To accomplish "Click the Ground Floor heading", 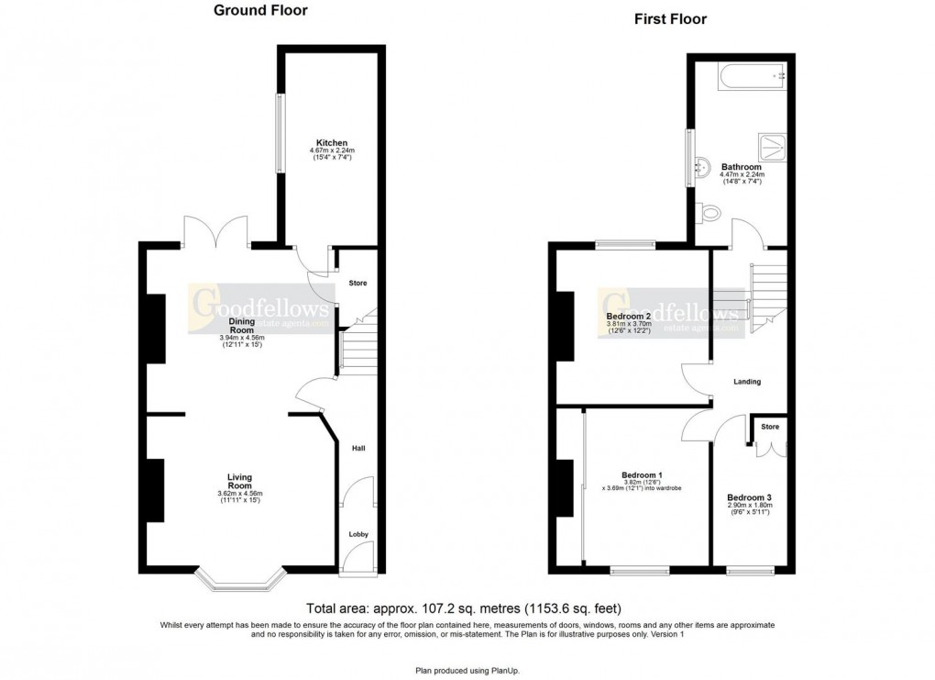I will [x=260, y=11].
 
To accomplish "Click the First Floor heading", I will [x=671, y=18].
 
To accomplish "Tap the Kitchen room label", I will [x=332, y=143].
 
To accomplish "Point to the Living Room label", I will [x=239, y=482].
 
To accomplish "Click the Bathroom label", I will [x=742, y=167].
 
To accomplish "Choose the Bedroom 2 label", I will [x=628, y=317].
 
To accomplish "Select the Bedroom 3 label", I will [x=743, y=496].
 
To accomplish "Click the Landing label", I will [x=747, y=382].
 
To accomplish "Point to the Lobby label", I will [x=357, y=533].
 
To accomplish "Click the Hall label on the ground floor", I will [x=358, y=448].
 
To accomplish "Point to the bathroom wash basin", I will [x=703, y=168].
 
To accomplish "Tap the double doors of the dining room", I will [x=216, y=231].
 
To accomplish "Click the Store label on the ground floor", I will [x=357, y=283].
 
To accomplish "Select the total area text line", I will [x=467, y=608].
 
